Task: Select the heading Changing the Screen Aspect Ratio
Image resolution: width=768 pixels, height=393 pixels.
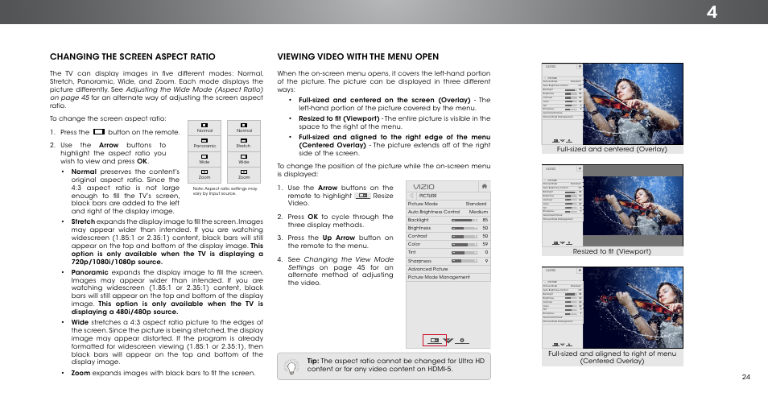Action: pos(132,56)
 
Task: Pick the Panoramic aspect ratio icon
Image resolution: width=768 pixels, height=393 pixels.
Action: pos(204,141)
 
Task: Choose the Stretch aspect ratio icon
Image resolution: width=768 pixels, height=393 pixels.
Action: pos(244,141)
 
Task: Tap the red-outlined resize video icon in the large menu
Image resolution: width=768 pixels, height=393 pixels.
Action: pos(435,340)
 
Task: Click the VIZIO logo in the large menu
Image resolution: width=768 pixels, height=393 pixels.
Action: pos(424,185)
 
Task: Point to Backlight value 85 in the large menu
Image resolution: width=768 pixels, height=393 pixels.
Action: pos(485,220)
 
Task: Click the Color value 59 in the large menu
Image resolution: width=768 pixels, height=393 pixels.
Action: pos(485,244)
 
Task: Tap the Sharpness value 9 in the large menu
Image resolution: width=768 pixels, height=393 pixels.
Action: pos(486,261)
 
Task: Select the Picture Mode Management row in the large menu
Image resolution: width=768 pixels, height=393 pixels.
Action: pos(439,277)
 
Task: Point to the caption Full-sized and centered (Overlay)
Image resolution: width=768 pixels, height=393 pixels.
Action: pos(609,149)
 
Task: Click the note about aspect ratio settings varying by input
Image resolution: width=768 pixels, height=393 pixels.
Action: pos(225,191)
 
